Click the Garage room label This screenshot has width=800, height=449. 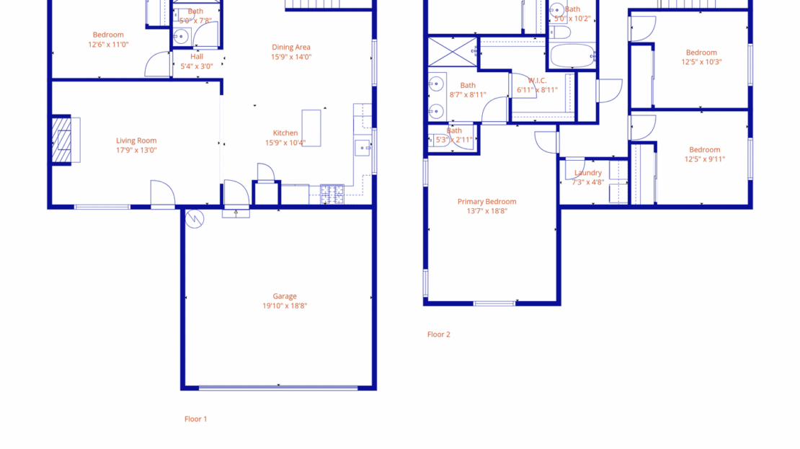point(285,296)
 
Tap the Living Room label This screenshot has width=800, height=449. point(136,141)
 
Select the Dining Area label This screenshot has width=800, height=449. point(291,48)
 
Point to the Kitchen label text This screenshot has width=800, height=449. point(285,133)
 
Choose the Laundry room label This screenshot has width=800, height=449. point(588,173)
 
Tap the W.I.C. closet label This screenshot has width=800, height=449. point(537,81)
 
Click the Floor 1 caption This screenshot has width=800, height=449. point(195,419)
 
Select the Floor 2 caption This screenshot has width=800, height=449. point(438,334)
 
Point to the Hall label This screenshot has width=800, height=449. point(197,56)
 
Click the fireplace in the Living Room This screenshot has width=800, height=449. point(63,140)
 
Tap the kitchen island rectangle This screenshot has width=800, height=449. point(311,128)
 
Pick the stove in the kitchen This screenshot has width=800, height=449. point(332,193)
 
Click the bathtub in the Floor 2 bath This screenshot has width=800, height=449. point(572,55)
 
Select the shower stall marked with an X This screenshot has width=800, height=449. point(452,52)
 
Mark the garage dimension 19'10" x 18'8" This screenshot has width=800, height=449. point(285,306)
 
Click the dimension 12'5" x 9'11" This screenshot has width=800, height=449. point(704,159)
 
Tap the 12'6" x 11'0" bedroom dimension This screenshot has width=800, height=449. point(108,44)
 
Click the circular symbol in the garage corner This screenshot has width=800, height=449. point(195,219)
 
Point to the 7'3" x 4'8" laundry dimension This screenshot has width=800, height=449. point(588,182)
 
